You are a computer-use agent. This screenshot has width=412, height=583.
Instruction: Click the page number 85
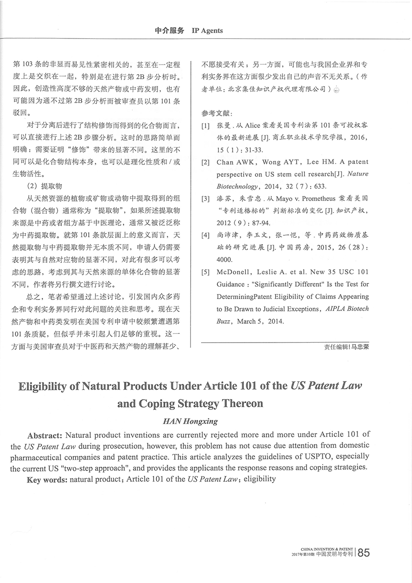[x=363, y=552]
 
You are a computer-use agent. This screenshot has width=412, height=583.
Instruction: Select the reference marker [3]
[x=205, y=199]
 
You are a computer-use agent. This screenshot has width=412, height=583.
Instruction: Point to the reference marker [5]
[x=205, y=272]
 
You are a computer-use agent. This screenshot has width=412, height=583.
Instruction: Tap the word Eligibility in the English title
[x=49, y=386]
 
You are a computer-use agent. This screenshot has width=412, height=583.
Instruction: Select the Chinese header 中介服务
[x=169, y=31]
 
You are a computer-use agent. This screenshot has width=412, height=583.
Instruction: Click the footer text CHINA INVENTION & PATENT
[x=327, y=549]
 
